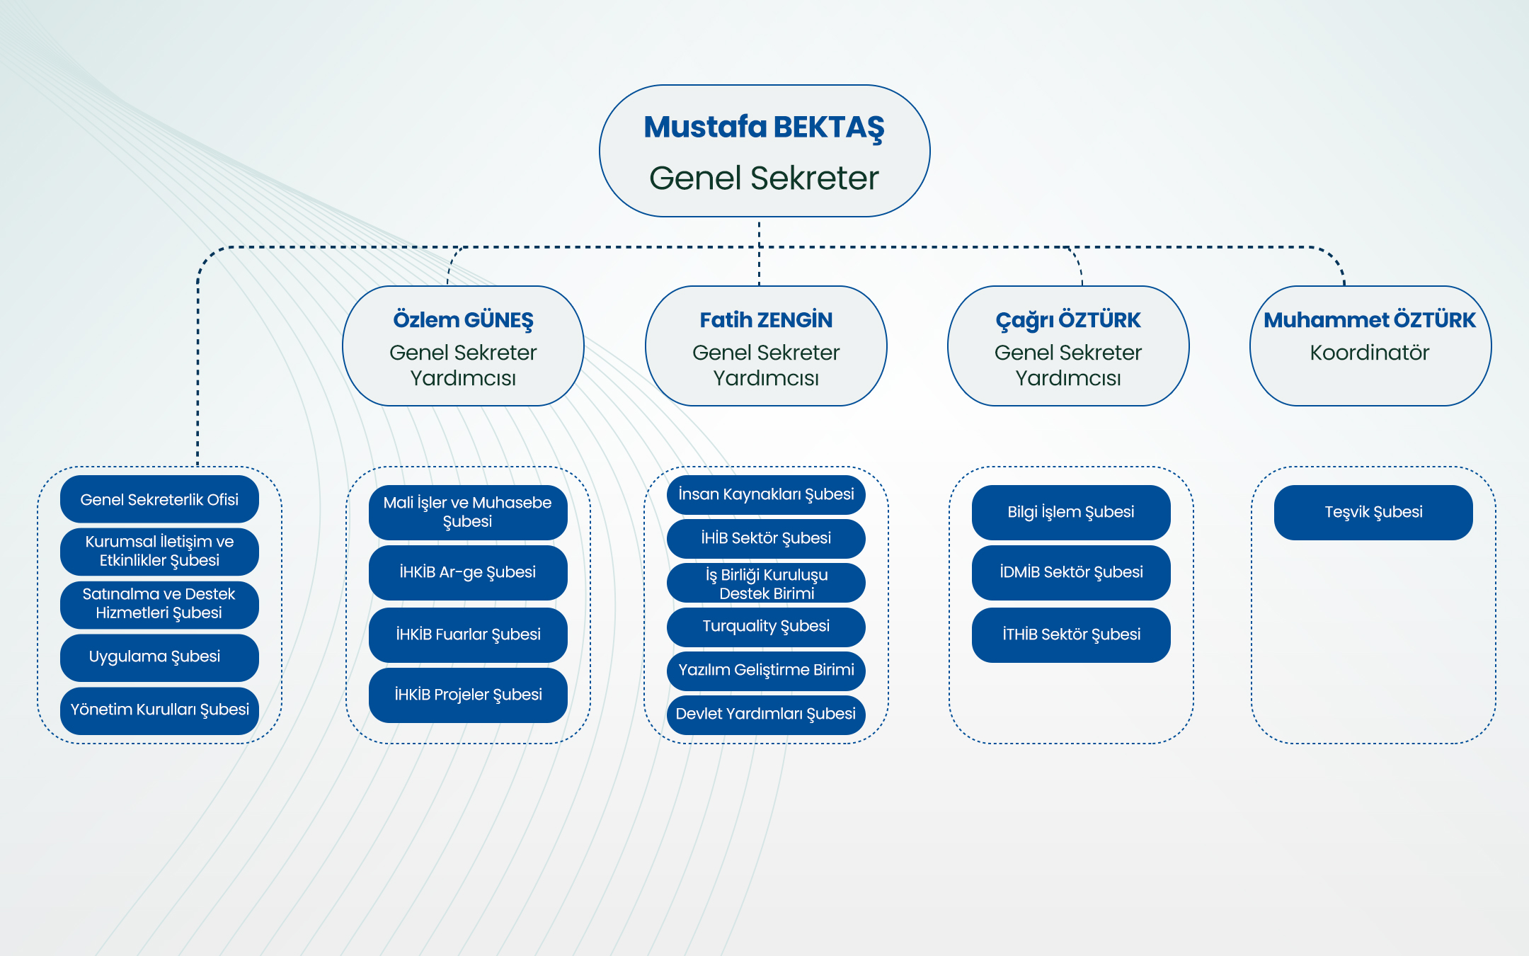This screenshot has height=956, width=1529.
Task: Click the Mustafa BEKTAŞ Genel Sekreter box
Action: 764,151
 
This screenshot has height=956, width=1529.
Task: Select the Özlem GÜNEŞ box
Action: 463,346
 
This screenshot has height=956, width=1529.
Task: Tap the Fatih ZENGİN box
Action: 766,346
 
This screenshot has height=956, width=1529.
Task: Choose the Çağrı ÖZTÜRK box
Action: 1068,346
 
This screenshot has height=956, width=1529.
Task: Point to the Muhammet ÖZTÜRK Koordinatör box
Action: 1370,346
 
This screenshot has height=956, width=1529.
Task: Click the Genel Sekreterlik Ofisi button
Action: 159,499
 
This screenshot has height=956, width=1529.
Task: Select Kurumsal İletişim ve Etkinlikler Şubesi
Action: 159,552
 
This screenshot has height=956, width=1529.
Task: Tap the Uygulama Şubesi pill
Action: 159,657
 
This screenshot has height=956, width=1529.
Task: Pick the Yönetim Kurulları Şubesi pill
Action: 159,710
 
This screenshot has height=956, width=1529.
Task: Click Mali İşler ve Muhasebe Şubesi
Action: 468,512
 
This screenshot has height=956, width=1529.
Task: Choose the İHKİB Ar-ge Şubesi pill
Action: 468,572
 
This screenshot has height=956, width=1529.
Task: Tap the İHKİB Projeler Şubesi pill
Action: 468,695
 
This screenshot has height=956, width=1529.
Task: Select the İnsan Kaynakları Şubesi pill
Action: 766,495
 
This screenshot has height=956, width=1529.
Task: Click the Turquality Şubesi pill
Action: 766,627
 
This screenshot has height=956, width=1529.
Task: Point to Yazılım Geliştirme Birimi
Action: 766,671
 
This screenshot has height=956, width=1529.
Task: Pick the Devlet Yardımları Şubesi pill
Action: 766,715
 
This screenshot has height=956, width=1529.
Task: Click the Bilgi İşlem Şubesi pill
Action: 1071,512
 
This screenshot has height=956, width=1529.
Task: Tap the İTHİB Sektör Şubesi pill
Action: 1071,635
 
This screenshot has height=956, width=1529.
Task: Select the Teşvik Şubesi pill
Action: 1373,512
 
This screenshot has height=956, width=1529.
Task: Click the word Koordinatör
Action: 1370,353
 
